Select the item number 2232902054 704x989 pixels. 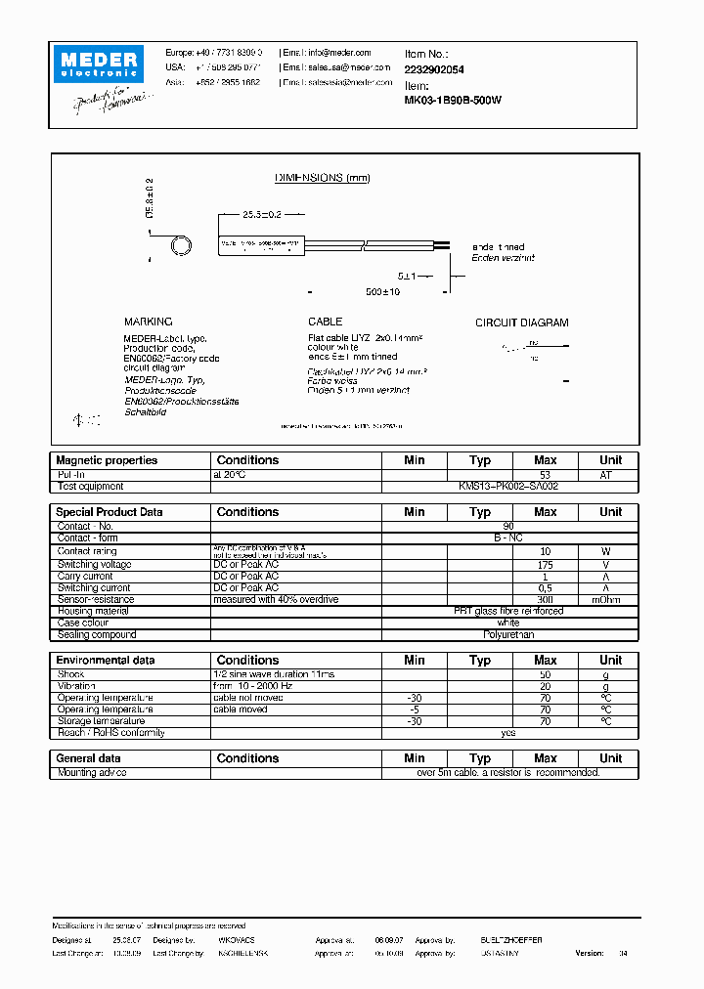tap(435, 70)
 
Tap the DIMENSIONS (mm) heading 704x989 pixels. tap(322, 178)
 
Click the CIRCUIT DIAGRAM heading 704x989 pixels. tap(521, 322)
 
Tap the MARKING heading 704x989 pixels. tap(148, 322)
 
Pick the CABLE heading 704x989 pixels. tap(325, 322)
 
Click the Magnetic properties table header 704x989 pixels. tap(107, 460)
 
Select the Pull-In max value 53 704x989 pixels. tap(545, 474)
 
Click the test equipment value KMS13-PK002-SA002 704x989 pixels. tap(508, 486)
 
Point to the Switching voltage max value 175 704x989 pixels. tap(545, 565)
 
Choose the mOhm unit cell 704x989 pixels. tap(610, 600)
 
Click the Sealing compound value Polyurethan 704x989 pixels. tap(508, 634)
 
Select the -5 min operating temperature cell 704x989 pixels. tap(415, 709)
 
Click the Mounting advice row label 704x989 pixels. tap(91, 772)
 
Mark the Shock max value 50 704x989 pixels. tap(545, 674)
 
